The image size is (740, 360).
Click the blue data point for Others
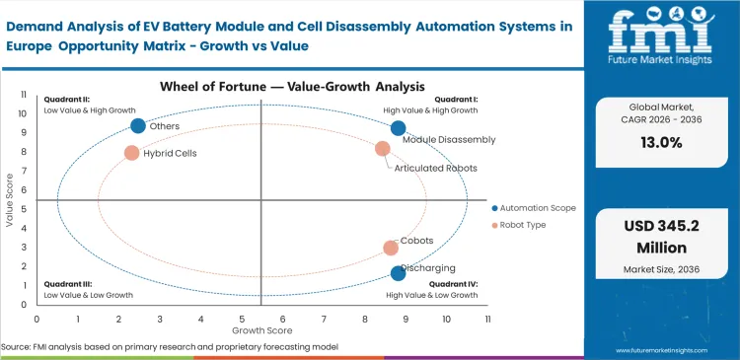click(x=138, y=125)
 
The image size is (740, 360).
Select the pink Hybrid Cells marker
click(x=131, y=153)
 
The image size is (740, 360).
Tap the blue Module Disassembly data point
click(x=398, y=128)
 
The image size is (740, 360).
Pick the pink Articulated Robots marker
click(x=383, y=149)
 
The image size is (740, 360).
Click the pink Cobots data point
click(x=391, y=248)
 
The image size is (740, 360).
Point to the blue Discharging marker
click(x=398, y=273)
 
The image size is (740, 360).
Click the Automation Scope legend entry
click(x=533, y=208)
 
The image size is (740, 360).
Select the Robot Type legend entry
click(x=523, y=226)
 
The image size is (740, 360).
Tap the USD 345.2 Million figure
click(x=662, y=236)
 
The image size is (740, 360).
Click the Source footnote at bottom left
click(x=170, y=347)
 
